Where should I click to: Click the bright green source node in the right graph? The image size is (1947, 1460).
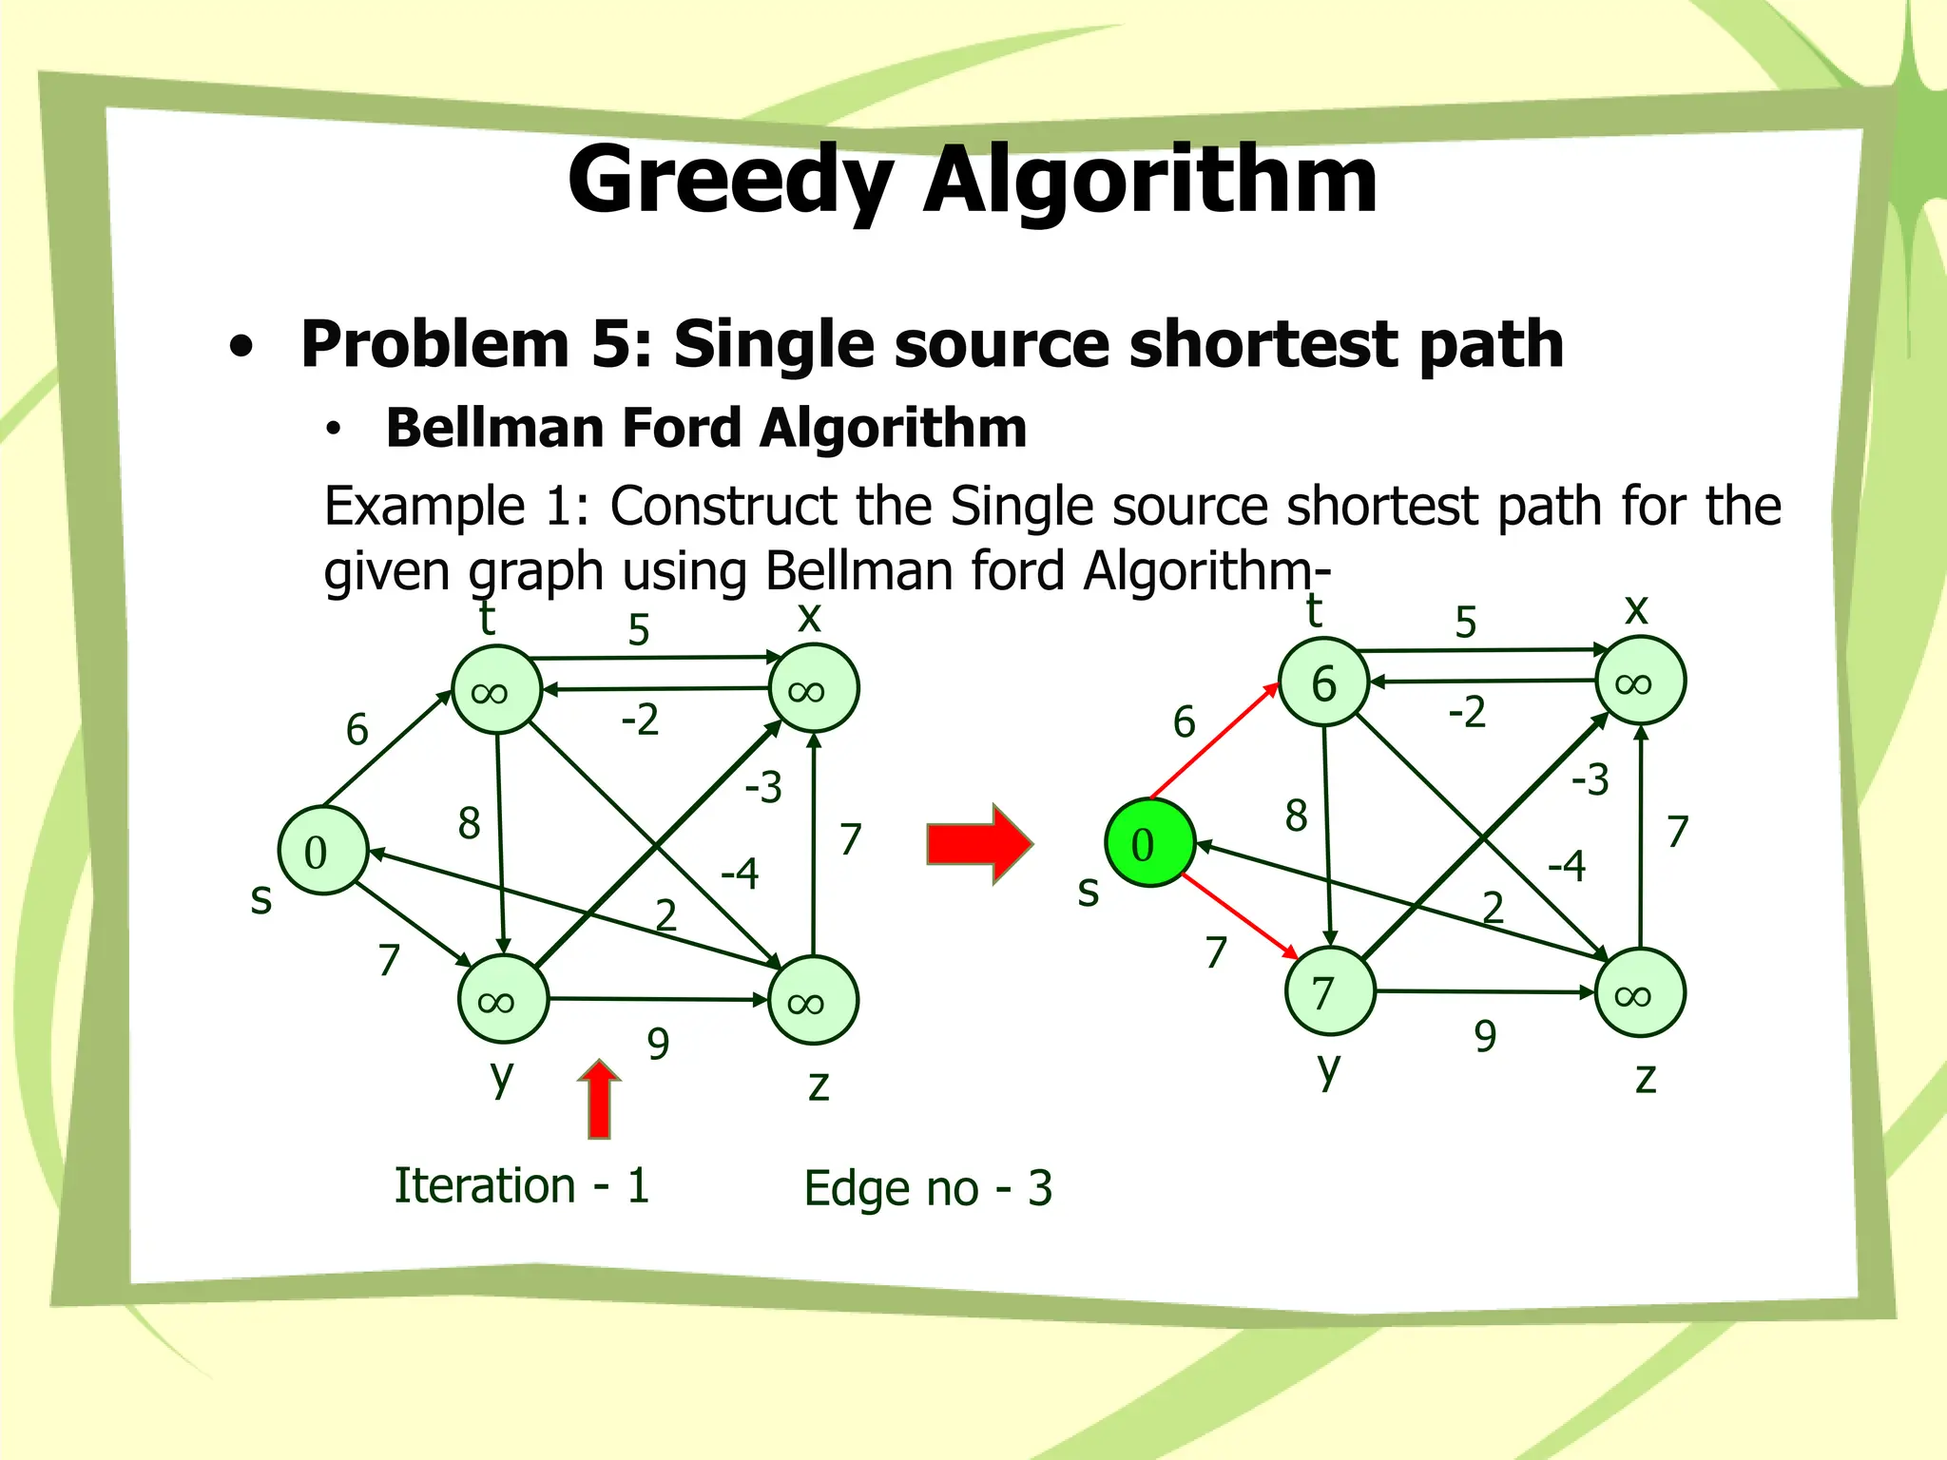(1149, 844)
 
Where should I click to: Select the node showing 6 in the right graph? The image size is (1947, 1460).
(1324, 682)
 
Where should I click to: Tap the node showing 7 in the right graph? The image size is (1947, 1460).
(1330, 992)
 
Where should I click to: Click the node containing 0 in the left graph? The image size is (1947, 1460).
(323, 852)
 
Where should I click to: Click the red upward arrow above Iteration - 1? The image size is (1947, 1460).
(599, 1100)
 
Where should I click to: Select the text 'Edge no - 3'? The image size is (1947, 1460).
(928, 1188)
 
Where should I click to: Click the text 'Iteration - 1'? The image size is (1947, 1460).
(522, 1186)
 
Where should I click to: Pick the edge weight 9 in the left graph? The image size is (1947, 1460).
(658, 1044)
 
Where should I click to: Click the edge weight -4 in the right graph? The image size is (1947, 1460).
(1567, 866)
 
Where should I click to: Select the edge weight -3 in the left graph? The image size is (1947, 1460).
(763, 787)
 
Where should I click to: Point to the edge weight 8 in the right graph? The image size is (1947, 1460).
(1296, 816)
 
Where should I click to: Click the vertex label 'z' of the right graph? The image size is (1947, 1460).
(1646, 1079)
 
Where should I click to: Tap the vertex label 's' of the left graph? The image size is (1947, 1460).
(260, 898)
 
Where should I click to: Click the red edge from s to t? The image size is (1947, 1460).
(1213, 741)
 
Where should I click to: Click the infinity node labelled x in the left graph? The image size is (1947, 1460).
(814, 689)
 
